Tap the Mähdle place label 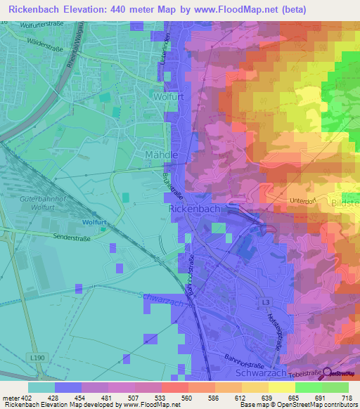[161, 153]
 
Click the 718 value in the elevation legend [346, 397]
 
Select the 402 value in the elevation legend [23, 397]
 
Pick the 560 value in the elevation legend [186, 397]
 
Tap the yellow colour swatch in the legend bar [281, 387]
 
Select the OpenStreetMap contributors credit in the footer [312, 405]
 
